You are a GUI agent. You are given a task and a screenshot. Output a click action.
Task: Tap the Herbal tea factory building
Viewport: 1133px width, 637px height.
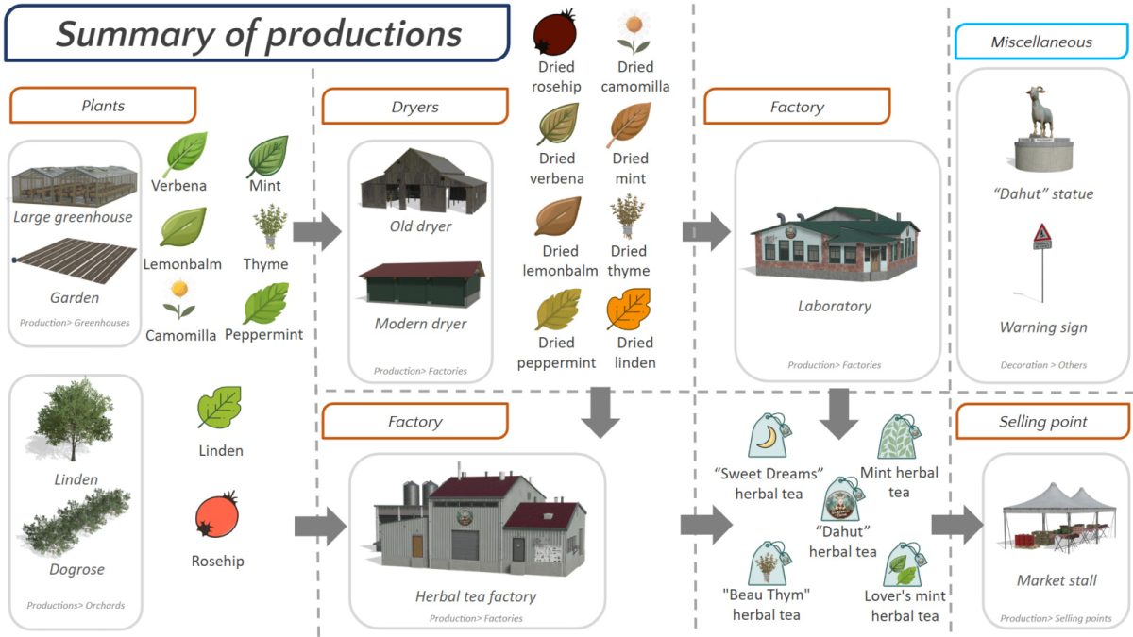(x=477, y=528)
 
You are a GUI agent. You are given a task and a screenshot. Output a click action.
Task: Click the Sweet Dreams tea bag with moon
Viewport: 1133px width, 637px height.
(x=769, y=437)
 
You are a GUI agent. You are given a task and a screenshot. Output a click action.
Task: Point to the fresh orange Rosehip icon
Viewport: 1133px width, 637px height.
(x=217, y=516)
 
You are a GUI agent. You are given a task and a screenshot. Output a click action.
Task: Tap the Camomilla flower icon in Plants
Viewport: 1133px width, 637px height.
(x=179, y=299)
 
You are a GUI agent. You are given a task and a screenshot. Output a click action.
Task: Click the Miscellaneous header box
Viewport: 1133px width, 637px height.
(x=1041, y=42)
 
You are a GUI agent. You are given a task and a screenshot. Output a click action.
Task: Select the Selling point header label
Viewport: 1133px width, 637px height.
(x=1042, y=422)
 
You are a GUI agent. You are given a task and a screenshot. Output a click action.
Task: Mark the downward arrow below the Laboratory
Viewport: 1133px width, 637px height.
(x=837, y=412)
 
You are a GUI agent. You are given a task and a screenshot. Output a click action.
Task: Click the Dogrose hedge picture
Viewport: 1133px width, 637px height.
(x=76, y=524)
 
